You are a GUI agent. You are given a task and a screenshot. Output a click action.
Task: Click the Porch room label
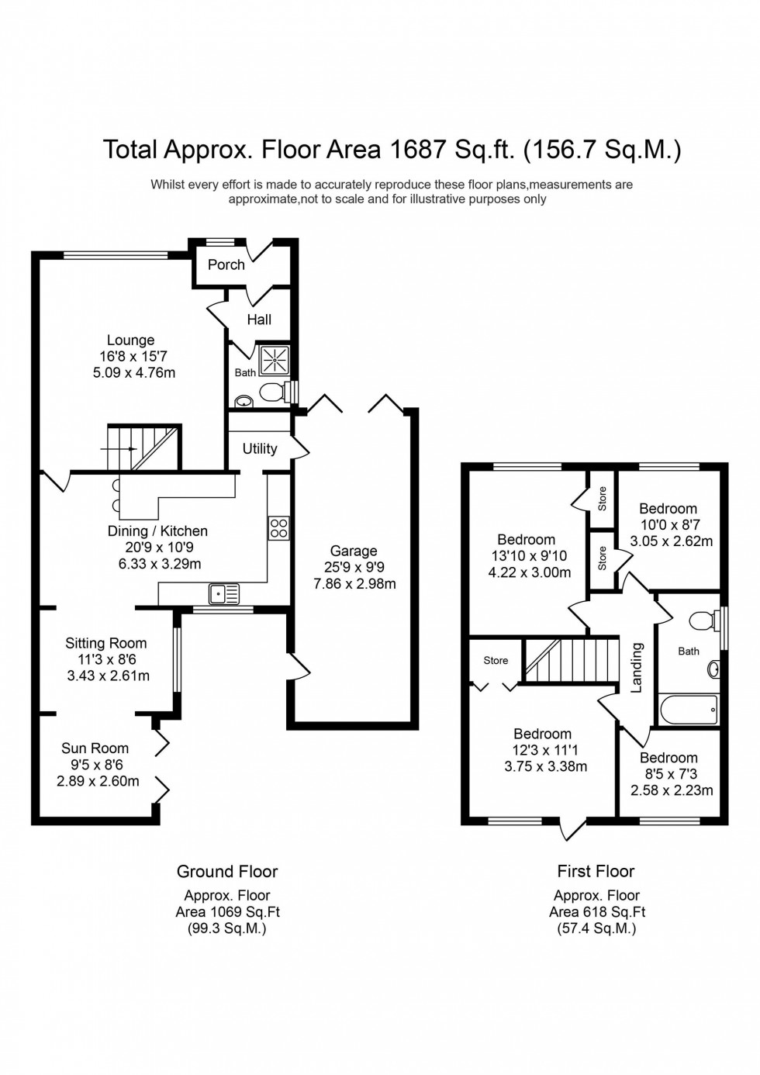(x=226, y=264)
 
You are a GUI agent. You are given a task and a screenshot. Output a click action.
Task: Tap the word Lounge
(x=130, y=340)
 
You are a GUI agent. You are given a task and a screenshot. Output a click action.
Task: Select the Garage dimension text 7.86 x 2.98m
(x=354, y=584)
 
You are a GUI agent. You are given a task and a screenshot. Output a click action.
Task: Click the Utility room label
(x=259, y=448)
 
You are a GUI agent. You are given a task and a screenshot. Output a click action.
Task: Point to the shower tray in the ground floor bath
(x=274, y=361)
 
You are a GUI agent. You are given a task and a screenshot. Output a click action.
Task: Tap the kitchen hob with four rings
(x=278, y=528)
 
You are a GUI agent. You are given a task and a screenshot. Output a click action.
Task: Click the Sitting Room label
(x=105, y=643)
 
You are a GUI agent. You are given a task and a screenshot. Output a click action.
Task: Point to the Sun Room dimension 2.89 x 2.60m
(x=98, y=781)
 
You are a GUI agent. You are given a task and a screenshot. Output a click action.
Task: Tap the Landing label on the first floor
(x=637, y=667)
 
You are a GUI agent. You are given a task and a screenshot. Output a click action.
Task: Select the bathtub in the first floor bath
(x=689, y=708)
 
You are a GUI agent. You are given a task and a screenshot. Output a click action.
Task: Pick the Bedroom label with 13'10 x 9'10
(x=526, y=540)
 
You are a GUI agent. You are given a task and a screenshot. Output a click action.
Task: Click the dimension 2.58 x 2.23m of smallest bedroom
(x=672, y=790)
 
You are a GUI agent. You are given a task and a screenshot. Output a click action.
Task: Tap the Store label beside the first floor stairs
(x=496, y=661)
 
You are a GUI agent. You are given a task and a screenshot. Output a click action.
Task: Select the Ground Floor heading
(x=227, y=872)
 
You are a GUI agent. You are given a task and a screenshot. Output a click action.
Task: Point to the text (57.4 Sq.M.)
(x=596, y=928)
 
